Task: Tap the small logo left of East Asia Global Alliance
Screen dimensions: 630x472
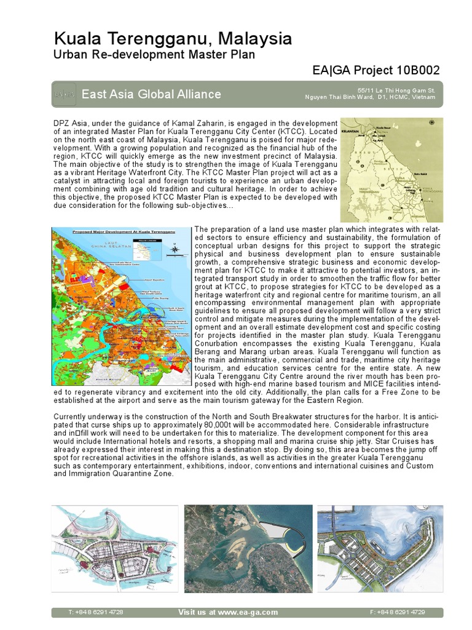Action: click(x=65, y=94)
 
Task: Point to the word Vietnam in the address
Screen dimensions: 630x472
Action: click(x=425, y=97)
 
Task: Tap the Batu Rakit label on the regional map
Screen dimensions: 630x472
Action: click(x=421, y=174)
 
